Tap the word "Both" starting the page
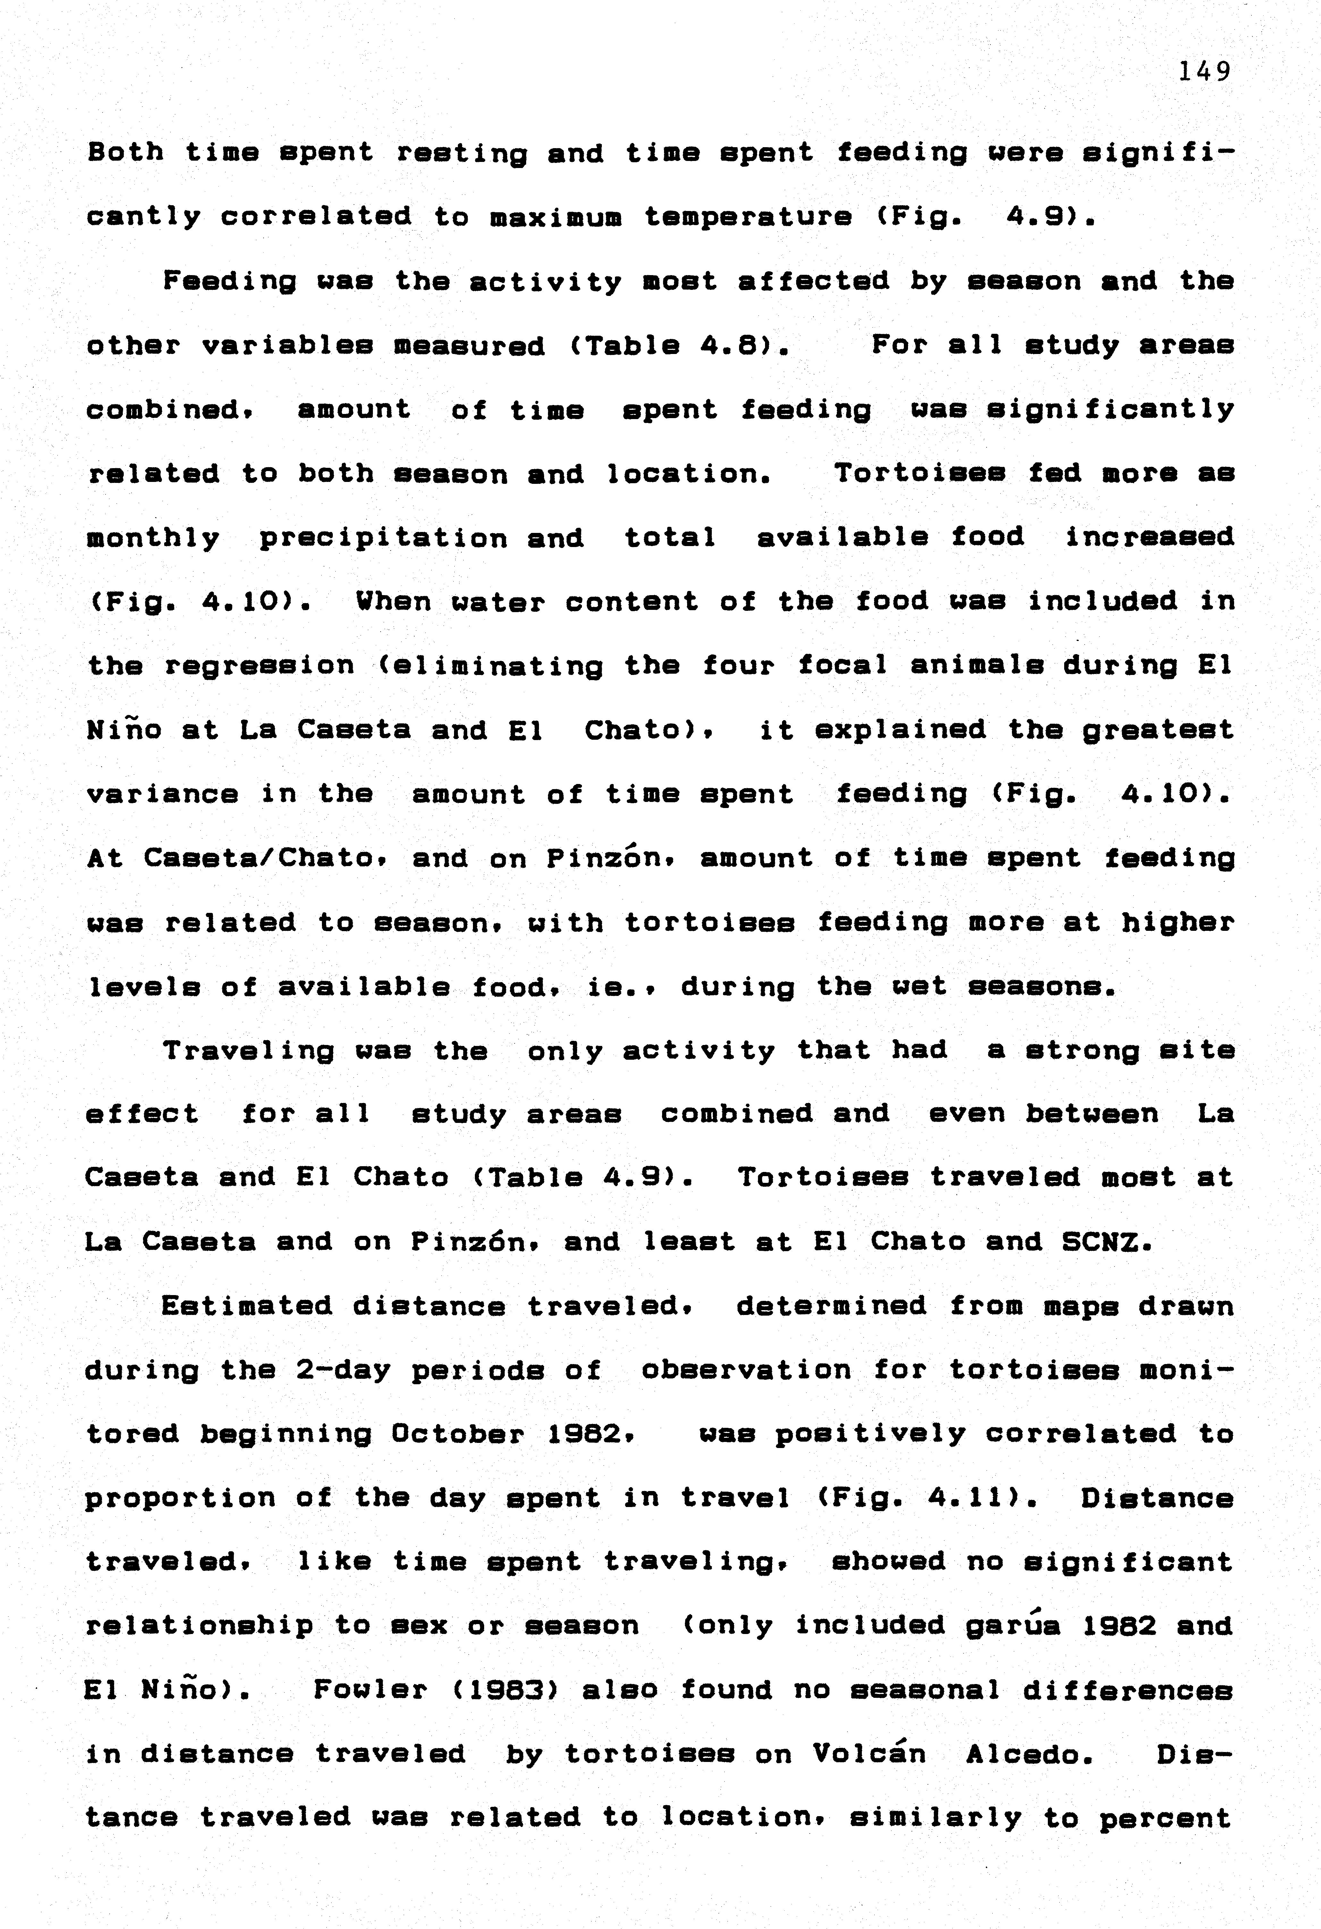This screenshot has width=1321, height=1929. [x=125, y=153]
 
